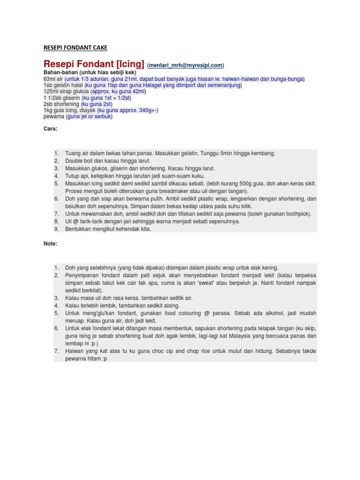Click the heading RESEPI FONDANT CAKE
(75, 47)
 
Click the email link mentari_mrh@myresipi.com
(186, 65)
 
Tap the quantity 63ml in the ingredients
(50, 79)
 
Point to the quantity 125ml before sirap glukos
(51, 92)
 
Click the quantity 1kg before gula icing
(48, 111)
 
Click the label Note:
(50, 244)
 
